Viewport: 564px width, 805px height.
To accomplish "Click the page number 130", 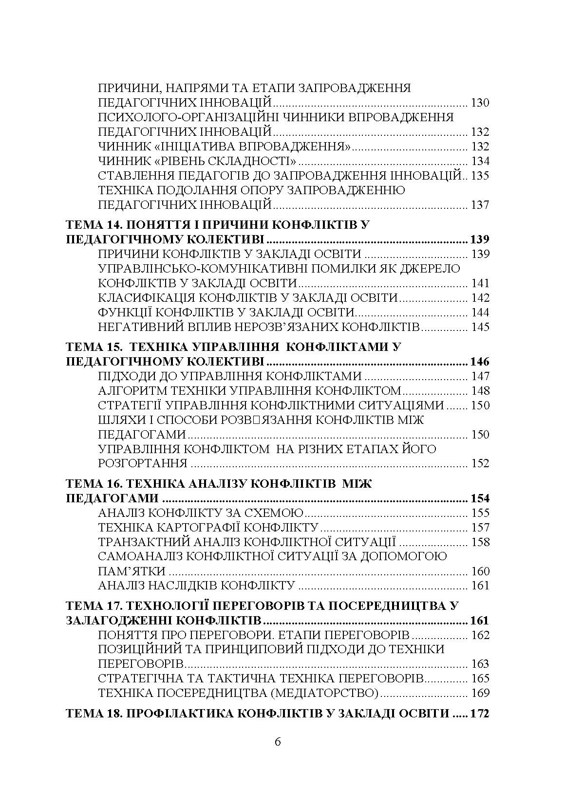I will coord(480,103).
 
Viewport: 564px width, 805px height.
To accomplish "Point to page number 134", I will coord(480,161).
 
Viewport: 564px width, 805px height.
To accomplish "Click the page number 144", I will coord(480,312).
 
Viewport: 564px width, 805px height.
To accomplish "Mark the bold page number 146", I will coord(479,362).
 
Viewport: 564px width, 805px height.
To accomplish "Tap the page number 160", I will coord(480,571).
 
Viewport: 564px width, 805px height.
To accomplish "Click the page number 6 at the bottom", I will coord(278,742).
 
